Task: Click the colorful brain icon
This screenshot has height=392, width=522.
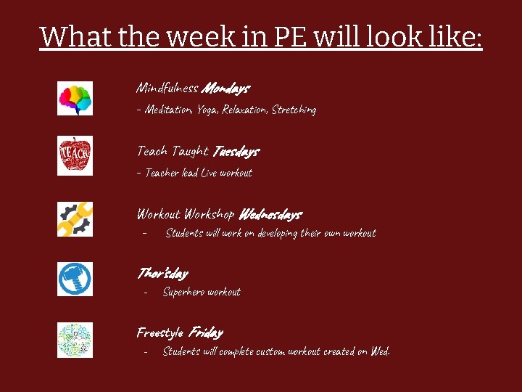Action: pyautogui.click(x=75, y=98)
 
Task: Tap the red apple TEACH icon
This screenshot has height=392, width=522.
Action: pyautogui.click(x=75, y=155)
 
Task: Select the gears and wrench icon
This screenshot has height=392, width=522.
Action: pyautogui.click(x=75, y=219)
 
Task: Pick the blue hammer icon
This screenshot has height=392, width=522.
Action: pyautogui.click(x=75, y=279)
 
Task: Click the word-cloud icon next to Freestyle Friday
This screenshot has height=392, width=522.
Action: pyautogui.click(x=75, y=340)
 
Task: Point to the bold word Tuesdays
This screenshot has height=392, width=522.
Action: pyautogui.click(x=235, y=152)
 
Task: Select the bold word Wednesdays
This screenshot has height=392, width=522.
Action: pyautogui.click(x=269, y=215)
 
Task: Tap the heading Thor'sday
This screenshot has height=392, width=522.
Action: pyautogui.click(x=162, y=274)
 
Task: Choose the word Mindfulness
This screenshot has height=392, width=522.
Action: pyautogui.click(x=167, y=89)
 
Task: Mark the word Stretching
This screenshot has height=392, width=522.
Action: pyautogui.click(x=294, y=110)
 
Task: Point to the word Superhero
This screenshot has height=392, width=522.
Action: pyautogui.click(x=183, y=292)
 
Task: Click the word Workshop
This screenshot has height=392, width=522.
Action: pyautogui.click(x=209, y=215)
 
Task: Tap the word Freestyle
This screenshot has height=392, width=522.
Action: pyautogui.click(x=160, y=333)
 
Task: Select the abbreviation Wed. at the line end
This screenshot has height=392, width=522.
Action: pyautogui.click(x=379, y=351)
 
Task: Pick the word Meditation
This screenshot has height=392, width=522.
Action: pyautogui.click(x=168, y=110)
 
